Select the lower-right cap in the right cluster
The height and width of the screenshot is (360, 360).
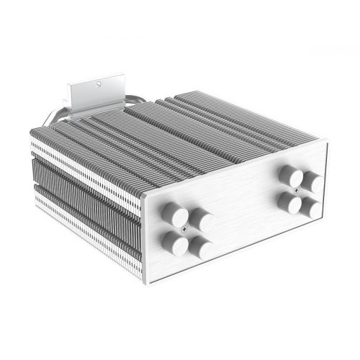click(x=312, y=207)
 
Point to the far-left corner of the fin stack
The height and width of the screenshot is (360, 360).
click(x=31, y=144)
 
